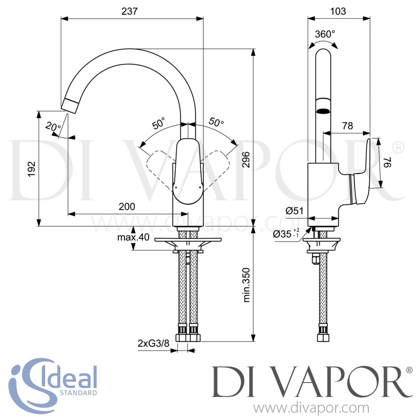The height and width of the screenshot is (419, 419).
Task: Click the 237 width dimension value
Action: tap(130, 11)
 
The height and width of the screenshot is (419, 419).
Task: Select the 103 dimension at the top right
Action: tap(338, 11)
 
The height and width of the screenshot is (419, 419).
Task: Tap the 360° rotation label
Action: tap(325, 34)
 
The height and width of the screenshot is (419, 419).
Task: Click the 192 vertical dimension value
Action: tap(32, 169)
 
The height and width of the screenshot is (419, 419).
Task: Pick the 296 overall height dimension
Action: tap(246, 160)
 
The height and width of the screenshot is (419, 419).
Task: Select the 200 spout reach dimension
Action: tap(127, 207)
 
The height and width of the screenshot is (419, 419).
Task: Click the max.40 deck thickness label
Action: tap(133, 237)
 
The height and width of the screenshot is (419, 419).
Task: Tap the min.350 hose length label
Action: tap(246, 285)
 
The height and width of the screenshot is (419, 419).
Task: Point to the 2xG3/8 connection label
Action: tap(153, 343)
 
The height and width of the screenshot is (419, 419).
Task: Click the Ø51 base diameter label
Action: tap(294, 211)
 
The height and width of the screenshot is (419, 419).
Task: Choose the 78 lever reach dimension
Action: tap(347, 126)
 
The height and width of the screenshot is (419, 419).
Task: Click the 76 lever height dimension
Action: tap(387, 162)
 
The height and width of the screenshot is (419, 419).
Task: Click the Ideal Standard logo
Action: tap(53, 385)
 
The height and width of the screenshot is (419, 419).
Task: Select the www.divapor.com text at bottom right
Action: tap(311, 408)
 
